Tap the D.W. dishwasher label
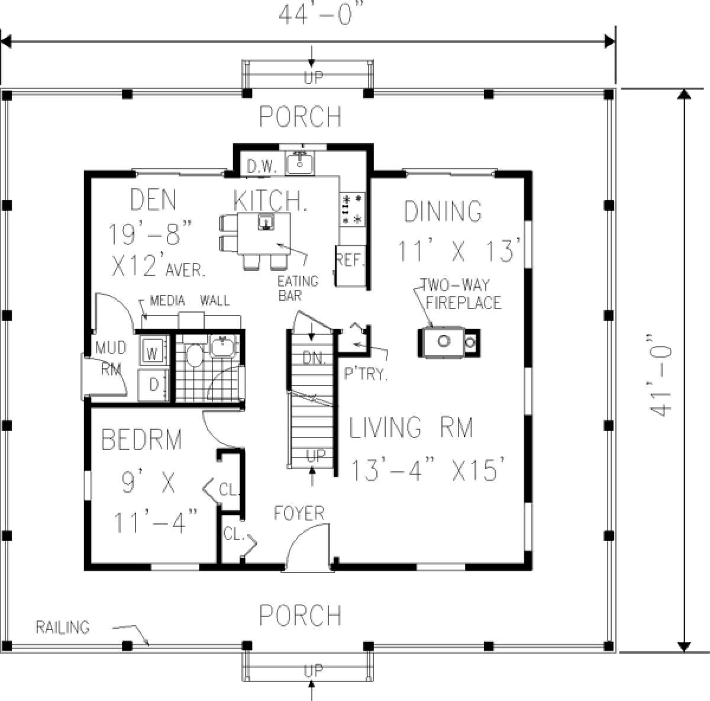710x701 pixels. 262,167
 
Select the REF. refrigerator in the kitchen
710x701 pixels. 351,265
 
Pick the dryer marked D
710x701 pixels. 153,385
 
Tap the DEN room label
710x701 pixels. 153,200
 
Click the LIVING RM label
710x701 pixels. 411,427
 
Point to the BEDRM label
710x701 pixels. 141,439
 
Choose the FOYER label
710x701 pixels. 299,513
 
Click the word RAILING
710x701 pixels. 62,627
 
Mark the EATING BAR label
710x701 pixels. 298,288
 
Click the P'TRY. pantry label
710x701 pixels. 366,374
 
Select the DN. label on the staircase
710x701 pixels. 314,358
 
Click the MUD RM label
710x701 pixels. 111,358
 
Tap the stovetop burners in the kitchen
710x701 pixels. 352,210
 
